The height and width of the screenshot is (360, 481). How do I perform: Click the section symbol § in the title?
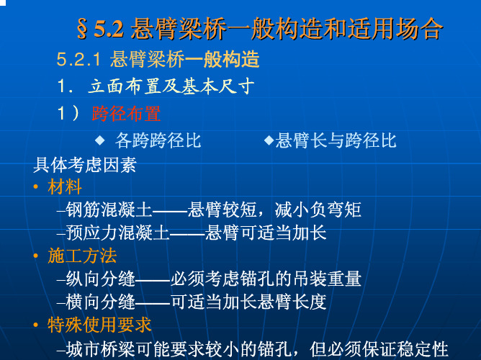[82, 29]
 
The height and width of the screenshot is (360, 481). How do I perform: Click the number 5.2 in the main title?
[109, 29]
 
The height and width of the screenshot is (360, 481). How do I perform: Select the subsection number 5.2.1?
[78, 59]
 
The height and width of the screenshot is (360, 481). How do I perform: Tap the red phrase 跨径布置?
[126, 114]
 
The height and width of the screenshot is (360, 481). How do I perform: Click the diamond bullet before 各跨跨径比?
[99, 140]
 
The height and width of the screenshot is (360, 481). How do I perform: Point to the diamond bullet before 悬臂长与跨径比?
[269, 140]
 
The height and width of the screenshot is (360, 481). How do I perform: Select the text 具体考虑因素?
[85, 165]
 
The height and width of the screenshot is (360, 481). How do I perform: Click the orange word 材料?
[65, 186]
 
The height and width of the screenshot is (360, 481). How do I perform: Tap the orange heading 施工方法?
[82, 256]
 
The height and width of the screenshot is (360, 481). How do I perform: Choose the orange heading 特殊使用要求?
[99, 325]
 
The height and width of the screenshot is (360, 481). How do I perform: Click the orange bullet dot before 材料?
[36, 186]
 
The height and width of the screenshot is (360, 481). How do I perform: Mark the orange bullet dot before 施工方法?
[36, 256]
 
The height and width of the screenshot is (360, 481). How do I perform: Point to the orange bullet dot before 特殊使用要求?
[36, 325]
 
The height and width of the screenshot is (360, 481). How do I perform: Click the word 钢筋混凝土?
[109, 210]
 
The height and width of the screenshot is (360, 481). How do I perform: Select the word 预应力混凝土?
[117, 233]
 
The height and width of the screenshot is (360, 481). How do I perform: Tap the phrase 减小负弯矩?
[318, 210]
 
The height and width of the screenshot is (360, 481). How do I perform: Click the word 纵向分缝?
[100, 279]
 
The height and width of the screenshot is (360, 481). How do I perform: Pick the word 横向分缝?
[100, 302]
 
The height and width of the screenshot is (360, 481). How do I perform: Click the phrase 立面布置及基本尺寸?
[171, 86]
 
